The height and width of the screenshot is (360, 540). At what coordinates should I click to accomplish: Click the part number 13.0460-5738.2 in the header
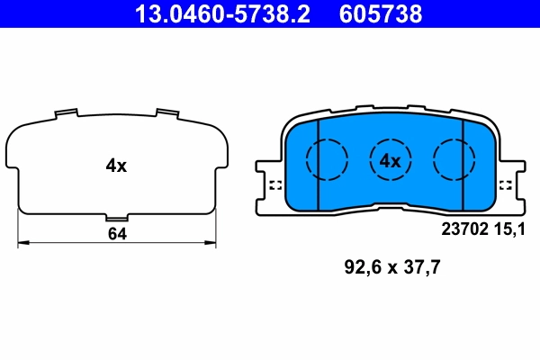[x=223, y=14]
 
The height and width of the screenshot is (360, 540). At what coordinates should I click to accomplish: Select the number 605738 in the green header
[x=380, y=14]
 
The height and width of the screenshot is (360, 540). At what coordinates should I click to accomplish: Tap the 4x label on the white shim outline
[x=116, y=165]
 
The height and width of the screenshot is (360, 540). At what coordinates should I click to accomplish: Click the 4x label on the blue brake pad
[x=389, y=161]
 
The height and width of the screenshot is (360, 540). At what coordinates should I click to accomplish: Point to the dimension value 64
[x=116, y=234]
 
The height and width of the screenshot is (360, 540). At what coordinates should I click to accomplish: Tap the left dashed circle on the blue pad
[x=326, y=160]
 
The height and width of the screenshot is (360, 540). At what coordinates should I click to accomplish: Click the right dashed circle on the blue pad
[x=454, y=160]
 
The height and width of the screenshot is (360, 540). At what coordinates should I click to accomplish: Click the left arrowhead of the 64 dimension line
[x=22, y=242]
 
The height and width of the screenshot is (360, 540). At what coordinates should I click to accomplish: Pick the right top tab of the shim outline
[x=166, y=113]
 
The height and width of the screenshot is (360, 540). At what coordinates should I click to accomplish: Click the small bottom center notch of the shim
[x=117, y=217]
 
